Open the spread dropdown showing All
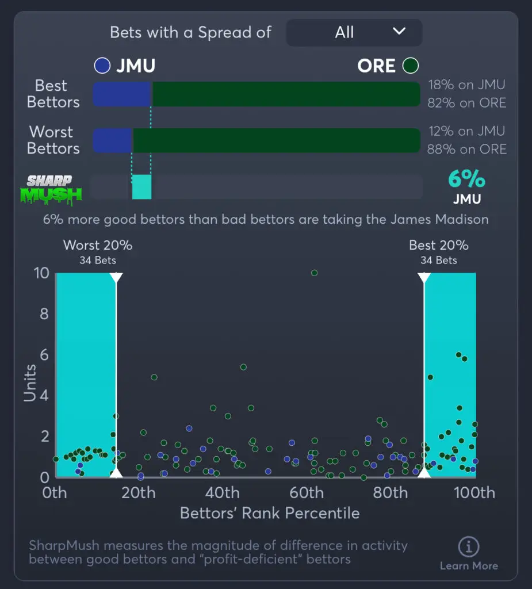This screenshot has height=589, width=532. (354, 32)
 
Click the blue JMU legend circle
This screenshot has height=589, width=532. (102, 66)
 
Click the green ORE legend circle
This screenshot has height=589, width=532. (411, 66)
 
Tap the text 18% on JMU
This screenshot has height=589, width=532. (466, 85)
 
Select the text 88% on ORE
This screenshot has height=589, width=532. (466, 150)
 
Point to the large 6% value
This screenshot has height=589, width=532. (466, 179)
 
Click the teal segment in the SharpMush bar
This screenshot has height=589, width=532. (141, 188)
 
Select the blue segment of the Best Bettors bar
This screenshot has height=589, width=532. (122, 94)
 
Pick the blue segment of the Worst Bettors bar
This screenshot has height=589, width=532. (113, 140)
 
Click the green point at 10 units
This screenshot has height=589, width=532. (314, 273)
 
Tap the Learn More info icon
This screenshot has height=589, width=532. (468, 546)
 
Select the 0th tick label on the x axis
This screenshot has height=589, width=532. (55, 493)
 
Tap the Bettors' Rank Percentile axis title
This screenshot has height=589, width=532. (270, 513)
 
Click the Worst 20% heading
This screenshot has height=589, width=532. (98, 245)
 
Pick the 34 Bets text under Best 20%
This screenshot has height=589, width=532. (438, 260)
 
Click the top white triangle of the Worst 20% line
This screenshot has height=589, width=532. (116, 278)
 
